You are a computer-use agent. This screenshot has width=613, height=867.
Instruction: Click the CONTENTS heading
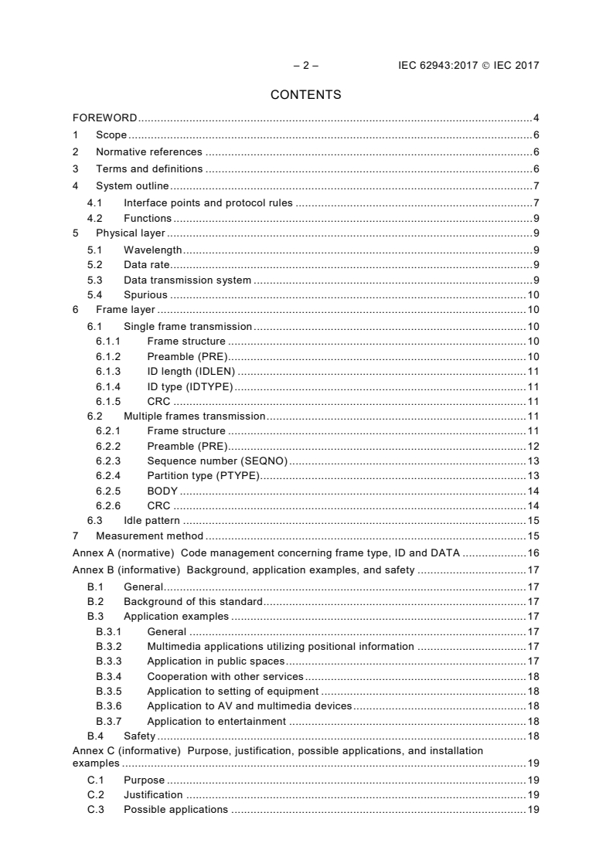click(x=305, y=95)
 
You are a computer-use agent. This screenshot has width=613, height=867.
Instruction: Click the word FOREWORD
click(x=104, y=118)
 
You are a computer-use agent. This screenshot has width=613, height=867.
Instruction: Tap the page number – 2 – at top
click(x=305, y=66)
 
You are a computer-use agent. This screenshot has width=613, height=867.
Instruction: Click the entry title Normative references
click(x=148, y=152)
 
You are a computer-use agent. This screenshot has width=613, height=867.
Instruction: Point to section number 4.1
click(x=95, y=203)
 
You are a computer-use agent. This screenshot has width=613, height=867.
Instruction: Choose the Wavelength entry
click(x=152, y=250)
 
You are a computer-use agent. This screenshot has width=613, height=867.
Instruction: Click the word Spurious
click(x=146, y=295)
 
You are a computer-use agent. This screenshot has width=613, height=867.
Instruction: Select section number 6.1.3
click(x=108, y=371)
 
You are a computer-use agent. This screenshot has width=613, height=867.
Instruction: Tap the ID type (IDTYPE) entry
click(x=189, y=386)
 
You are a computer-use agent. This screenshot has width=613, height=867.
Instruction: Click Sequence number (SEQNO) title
click(x=217, y=461)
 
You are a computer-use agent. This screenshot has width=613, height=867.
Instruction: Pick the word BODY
click(x=162, y=491)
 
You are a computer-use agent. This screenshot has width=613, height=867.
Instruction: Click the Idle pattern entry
click(x=152, y=521)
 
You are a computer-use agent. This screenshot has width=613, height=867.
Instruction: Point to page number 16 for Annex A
click(x=533, y=553)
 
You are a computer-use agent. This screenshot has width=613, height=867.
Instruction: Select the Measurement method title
click(x=149, y=535)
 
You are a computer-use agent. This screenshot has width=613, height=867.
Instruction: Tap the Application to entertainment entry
click(x=216, y=722)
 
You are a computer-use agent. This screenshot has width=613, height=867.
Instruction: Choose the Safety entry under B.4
click(x=139, y=736)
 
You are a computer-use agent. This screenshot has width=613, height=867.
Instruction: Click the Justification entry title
click(x=153, y=794)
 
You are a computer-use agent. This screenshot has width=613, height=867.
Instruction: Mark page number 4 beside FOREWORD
click(x=536, y=118)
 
